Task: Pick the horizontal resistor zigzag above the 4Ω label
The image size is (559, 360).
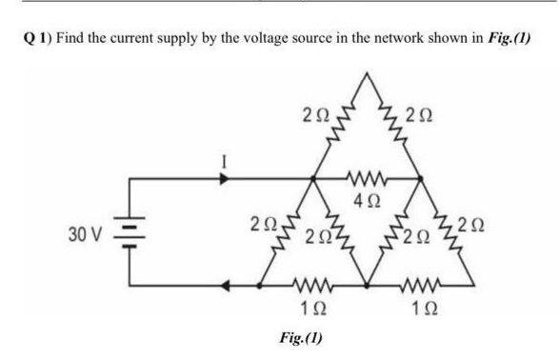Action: pyautogui.click(x=367, y=179)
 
